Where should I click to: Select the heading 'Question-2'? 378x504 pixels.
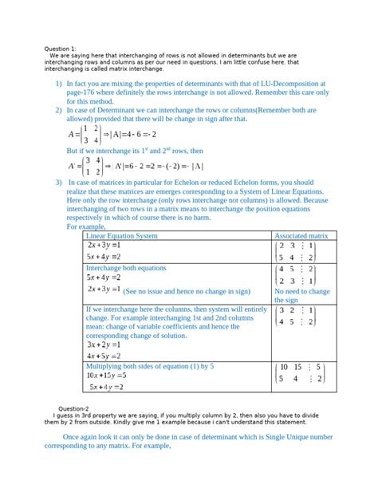[x=70, y=408]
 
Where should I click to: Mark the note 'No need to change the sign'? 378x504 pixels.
[x=301, y=297]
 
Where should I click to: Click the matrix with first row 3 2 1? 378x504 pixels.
[x=296, y=316]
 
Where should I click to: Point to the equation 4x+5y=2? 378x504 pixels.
[x=104, y=356]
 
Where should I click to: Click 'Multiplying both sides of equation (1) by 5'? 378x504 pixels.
[x=149, y=365]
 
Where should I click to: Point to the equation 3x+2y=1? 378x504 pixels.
[x=104, y=345]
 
